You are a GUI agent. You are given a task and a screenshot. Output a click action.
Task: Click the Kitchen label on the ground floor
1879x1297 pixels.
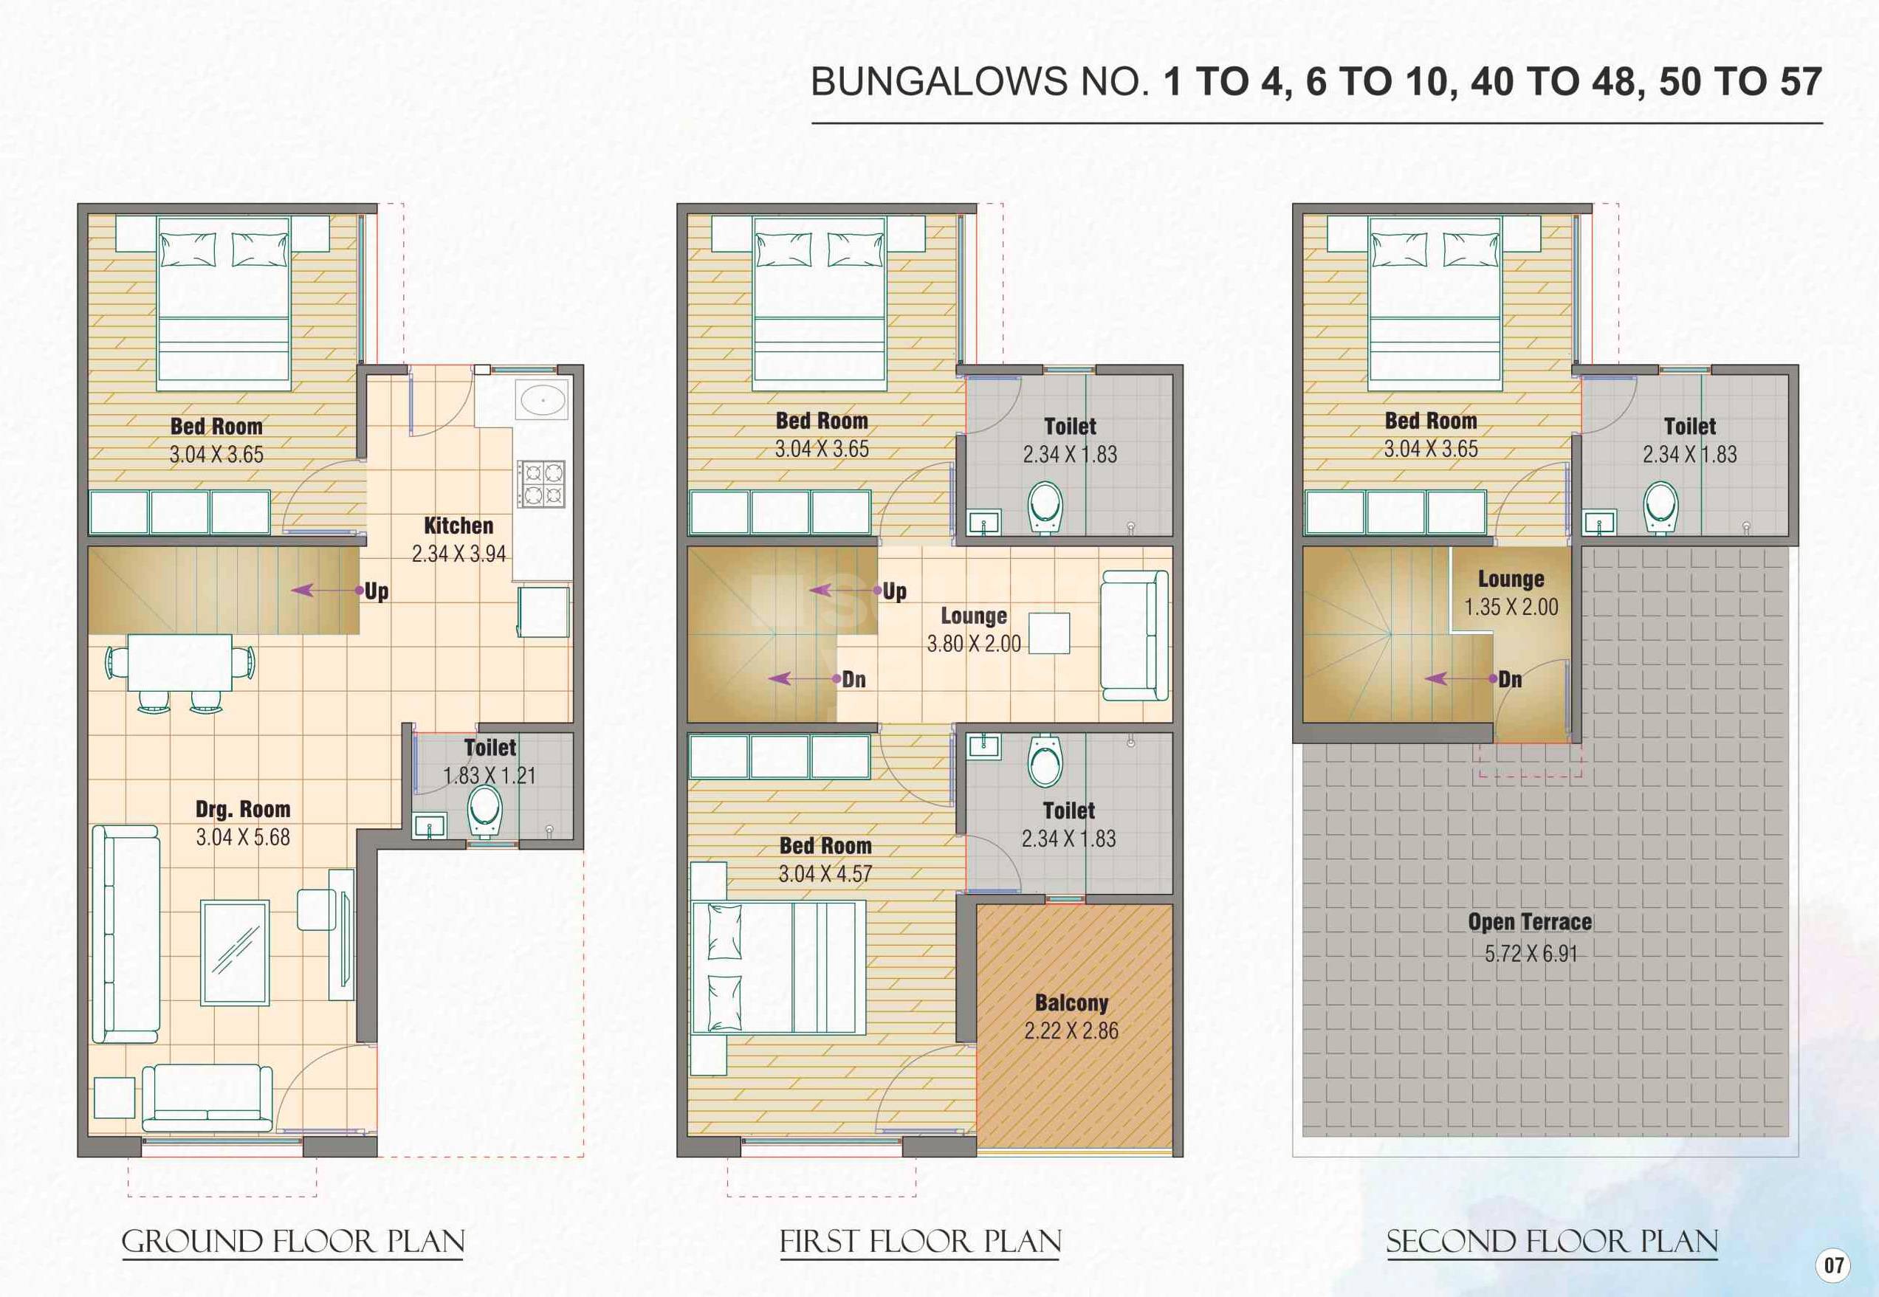[458, 526]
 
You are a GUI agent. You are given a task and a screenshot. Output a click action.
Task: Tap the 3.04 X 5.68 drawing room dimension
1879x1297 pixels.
[242, 837]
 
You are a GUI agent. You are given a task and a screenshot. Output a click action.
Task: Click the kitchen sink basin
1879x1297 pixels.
[543, 401]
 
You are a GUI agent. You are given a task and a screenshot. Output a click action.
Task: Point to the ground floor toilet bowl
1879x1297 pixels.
[484, 809]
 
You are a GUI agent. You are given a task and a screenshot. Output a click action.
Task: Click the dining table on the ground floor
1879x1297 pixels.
[179, 662]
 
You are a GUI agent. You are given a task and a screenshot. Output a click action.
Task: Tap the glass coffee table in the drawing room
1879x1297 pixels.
[235, 952]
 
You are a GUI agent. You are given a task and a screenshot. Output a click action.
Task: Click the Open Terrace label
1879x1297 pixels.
[1530, 921]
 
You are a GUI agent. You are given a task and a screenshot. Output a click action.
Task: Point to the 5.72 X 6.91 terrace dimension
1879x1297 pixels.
[1531, 953]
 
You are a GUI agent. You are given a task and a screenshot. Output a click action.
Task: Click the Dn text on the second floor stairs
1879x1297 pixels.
[1510, 679]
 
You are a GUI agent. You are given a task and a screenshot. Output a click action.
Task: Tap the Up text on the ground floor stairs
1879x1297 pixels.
[377, 591]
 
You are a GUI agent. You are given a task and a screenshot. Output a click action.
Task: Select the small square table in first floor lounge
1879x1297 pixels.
[1049, 633]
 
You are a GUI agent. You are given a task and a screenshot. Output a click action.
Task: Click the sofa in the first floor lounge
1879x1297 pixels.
[1135, 636]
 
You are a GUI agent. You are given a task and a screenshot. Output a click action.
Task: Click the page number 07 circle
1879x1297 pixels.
[1834, 1265]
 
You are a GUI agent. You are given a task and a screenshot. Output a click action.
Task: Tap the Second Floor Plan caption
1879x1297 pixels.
[1551, 1242]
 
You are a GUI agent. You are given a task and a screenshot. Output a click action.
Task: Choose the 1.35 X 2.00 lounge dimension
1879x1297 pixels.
[1511, 607]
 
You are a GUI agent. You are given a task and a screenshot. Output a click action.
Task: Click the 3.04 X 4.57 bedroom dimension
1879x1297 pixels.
[825, 875]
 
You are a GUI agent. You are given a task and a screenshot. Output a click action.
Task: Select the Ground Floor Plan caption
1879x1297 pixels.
[293, 1242]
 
